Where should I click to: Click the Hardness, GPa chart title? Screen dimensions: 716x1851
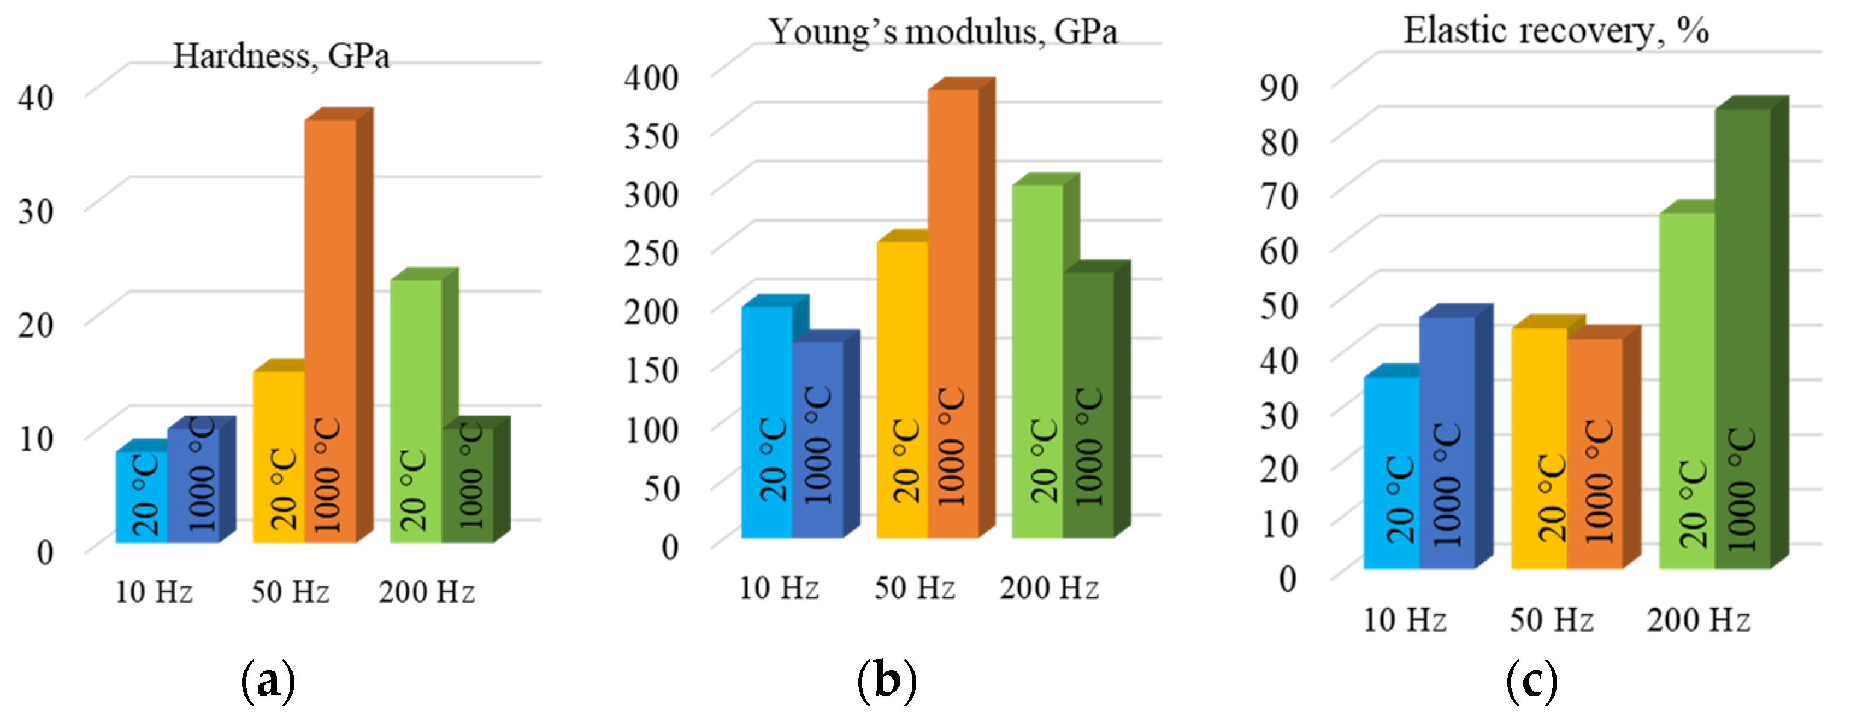(281, 56)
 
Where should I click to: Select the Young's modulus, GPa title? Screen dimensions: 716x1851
(943, 31)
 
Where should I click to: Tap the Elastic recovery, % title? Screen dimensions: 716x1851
(1556, 30)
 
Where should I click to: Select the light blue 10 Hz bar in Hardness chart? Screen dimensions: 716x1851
(142, 496)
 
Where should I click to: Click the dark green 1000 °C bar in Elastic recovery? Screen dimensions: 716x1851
(1742, 338)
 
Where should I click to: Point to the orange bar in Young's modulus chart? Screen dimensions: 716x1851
(953, 309)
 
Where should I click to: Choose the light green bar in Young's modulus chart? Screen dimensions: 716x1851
(1037, 359)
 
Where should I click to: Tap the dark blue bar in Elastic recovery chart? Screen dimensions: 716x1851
(1446, 442)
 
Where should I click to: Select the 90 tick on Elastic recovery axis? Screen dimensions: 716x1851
(1279, 87)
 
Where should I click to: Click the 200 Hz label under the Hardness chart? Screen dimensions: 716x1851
(427, 592)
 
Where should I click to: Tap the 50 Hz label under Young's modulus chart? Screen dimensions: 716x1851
(914, 588)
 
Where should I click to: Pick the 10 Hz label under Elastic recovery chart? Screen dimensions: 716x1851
(1405, 620)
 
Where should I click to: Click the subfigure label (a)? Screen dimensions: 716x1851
(268, 679)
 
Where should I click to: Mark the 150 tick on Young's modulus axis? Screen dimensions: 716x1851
(651, 370)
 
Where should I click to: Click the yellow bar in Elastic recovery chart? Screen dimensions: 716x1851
(1538, 446)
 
